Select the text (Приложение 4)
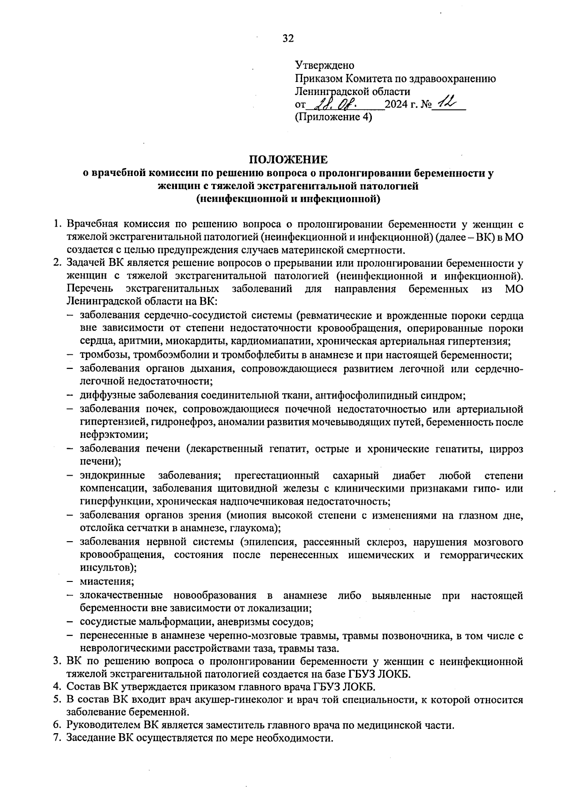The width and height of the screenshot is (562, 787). pos(333,117)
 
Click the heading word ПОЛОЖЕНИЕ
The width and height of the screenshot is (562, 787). pos(288,160)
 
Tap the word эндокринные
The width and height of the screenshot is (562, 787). pos(112,476)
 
